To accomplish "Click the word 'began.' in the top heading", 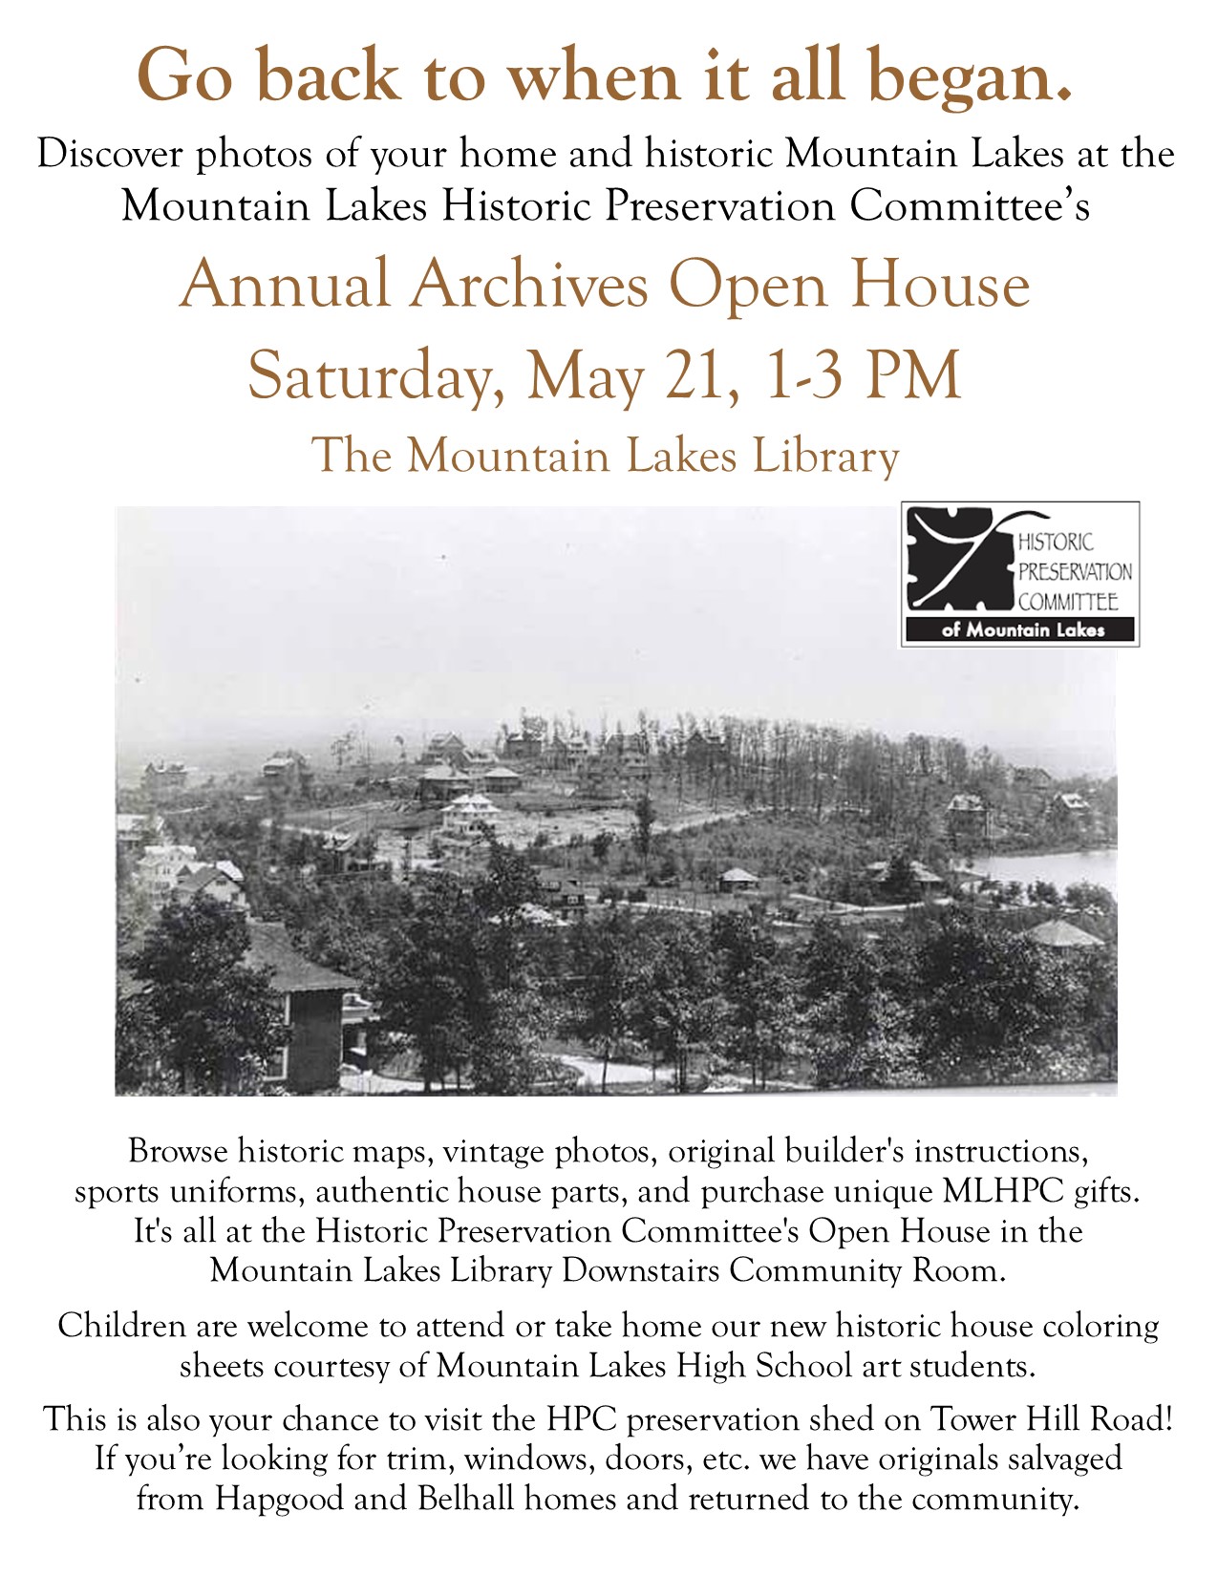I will coord(972,76).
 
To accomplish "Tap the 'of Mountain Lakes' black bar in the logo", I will coord(1021,630).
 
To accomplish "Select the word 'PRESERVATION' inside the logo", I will coord(1075,571).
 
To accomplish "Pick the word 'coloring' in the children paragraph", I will coord(1100,1326).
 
